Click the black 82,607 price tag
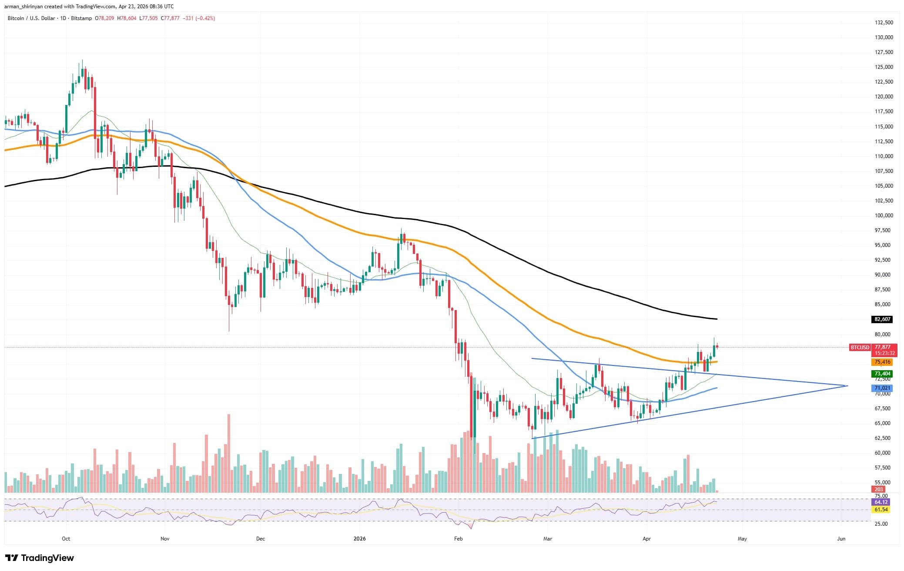tap(882, 319)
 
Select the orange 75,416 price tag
tap(882, 362)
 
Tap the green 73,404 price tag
tap(882, 374)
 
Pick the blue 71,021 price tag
tap(882, 388)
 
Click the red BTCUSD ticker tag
tap(860, 348)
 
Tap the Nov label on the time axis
tap(165, 539)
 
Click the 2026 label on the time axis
tap(359, 539)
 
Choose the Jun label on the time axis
tap(841, 539)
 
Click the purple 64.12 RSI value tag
tap(882, 502)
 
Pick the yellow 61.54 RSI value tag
tap(882, 510)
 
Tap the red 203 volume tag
tap(882, 490)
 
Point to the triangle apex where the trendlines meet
tap(846, 385)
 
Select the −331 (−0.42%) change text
tap(199, 18)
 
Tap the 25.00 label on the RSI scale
tap(881, 524)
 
